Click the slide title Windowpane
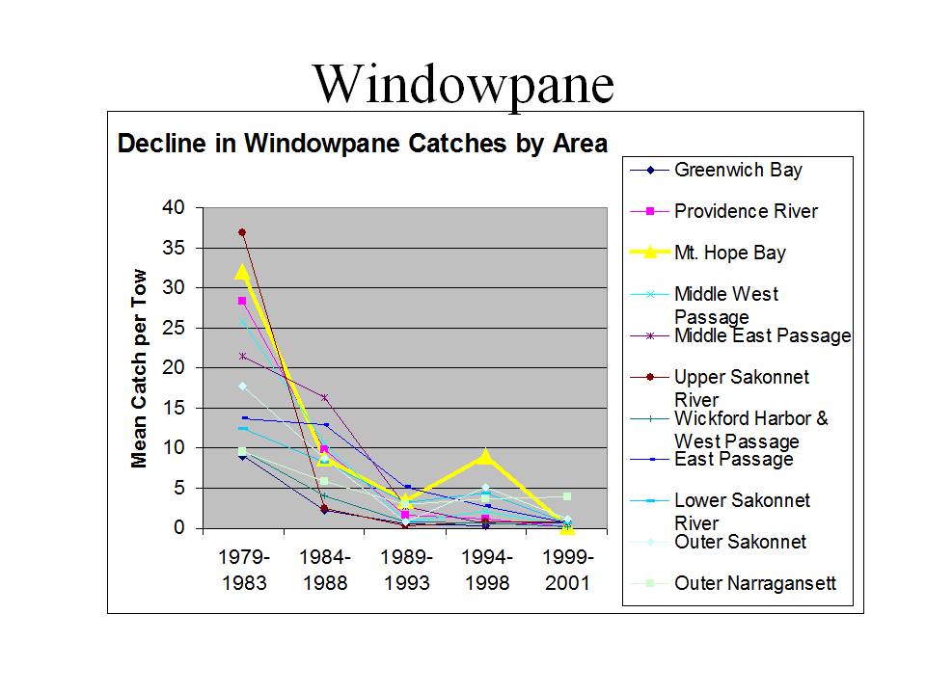[464, 85]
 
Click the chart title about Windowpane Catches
[363, 144]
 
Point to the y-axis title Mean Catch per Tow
[139, 368]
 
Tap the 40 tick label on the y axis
[174, 207]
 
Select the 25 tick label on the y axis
[174, 328]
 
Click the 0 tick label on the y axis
[179, 527]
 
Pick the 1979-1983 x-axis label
[244, 570]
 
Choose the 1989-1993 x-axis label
[406, 570]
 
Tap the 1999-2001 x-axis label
[567, 570]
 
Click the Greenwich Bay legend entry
[717, 170]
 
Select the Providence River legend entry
[724, 211]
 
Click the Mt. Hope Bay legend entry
[708, 253]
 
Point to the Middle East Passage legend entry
[741, 335]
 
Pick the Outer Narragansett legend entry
[733, 583]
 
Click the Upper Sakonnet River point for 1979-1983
[242, 232]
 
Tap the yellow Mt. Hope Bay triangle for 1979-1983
[242, 272]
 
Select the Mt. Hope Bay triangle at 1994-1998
[485, 456]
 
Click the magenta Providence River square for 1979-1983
[242, 301]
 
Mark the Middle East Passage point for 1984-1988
[324, 397]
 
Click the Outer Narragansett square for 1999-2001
[567, 496]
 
